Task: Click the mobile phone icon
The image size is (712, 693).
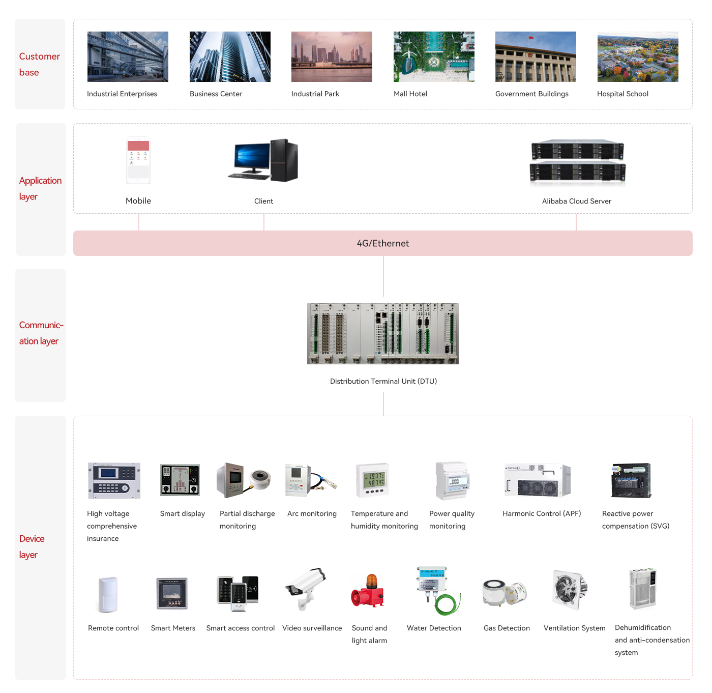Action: (x=138, y=160)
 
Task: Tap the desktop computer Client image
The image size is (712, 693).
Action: (x=263, y=160)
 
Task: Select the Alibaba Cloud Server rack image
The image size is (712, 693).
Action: (x=577, y=162)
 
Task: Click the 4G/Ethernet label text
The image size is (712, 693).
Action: (x=383, y=243)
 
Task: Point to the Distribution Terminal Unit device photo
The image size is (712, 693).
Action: (x=383, y=333)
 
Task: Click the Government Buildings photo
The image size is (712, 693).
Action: (x=536, y=57)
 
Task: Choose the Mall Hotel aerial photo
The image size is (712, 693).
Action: (x=434, y=57)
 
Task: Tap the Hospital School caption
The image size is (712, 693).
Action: (x=622, y=94)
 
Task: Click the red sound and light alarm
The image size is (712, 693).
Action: (x=367, y=591)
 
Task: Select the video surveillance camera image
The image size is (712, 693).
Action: (x=306, y=588)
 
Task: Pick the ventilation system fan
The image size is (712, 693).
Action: (x=569, y=589)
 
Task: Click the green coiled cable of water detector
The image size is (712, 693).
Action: (x=448, y=604)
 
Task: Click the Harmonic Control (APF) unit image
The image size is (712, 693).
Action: (x=537, y=480)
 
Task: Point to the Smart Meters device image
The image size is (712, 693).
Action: (x=172, y=593)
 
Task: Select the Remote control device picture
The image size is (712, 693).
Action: (x=108, y=594)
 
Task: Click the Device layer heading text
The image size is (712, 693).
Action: (x=32, y=546)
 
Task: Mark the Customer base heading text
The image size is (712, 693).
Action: (x=39, y=65)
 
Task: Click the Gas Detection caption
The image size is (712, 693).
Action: (x=507, y=628)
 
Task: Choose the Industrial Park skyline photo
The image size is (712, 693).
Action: (x=332, y=57)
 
